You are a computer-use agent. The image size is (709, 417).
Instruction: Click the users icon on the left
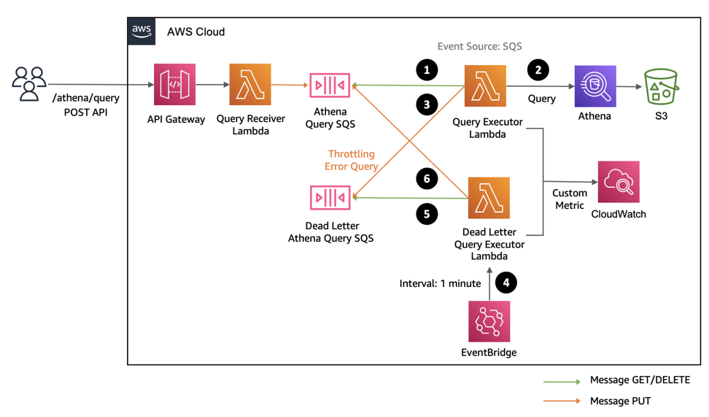[x=28, y=83]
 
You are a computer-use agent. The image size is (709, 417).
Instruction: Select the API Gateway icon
[x=174, y=85]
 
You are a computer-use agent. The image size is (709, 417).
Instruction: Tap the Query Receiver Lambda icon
[x=250, y=85]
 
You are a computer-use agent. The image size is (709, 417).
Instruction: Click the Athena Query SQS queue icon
[x=330, y=85]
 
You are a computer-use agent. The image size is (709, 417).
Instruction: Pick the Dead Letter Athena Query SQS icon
[x=330, y=197]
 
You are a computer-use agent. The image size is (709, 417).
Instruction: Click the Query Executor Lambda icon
[x=486, y=85]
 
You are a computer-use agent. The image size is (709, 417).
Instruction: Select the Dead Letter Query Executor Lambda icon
[x=489, y=197]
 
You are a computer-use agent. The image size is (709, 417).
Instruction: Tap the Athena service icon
[x=595, y=86]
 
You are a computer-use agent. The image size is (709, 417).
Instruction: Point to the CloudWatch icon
[x=619, y=182]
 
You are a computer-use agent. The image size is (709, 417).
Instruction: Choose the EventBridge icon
[x=489, y=321]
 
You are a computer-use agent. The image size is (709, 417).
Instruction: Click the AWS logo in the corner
[x=142, y=31]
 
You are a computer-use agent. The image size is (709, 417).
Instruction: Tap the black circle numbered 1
[x=427, y=70]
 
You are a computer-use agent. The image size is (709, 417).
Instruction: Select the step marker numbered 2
[x=538, y=70]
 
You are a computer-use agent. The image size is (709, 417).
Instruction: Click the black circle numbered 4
[x=505, y=283]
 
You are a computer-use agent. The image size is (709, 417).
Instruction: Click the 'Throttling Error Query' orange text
[x=351, y=160]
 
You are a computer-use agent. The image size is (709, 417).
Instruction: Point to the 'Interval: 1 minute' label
[x=440, y=283]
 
